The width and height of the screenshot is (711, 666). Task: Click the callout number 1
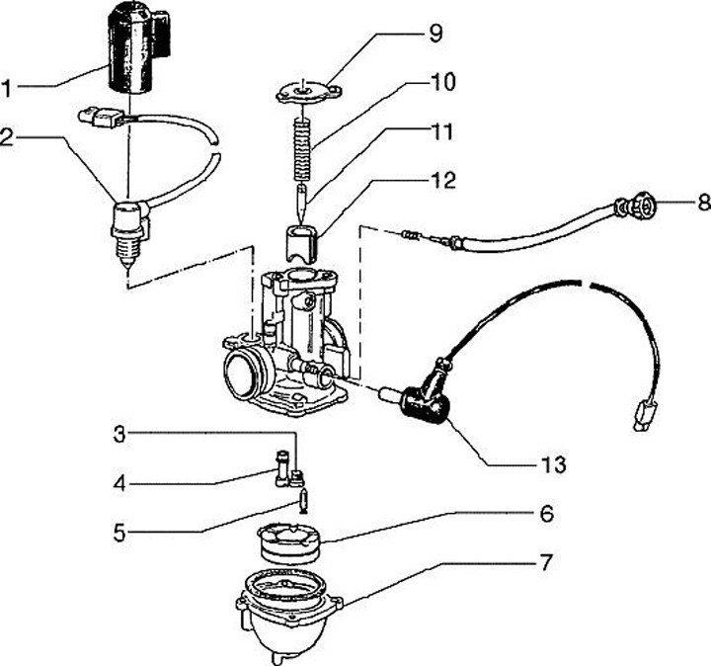pos(9,89)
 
